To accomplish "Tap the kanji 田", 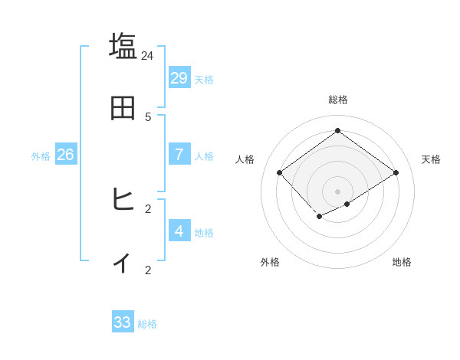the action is point(123,108).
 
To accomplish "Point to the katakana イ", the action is point(123,262).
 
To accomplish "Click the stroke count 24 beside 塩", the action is point(147,55).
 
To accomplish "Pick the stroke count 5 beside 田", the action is point(148,116).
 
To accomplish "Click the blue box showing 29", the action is point(179,77).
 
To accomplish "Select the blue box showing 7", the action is point(179,154).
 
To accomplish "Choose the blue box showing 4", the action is point(179,231).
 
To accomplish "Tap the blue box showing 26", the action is point(65,154).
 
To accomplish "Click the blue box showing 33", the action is point(123,322).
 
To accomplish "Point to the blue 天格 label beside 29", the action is point(204,80).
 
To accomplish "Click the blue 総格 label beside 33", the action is point(147,325).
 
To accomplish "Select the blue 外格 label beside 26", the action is point(41,156).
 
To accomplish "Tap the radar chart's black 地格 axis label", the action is point(402,262).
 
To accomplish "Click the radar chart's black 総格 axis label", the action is point(338,100).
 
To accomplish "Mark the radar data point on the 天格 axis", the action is point(396,172).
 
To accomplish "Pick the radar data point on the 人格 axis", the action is point(280,172).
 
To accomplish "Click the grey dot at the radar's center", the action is point(337,191).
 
